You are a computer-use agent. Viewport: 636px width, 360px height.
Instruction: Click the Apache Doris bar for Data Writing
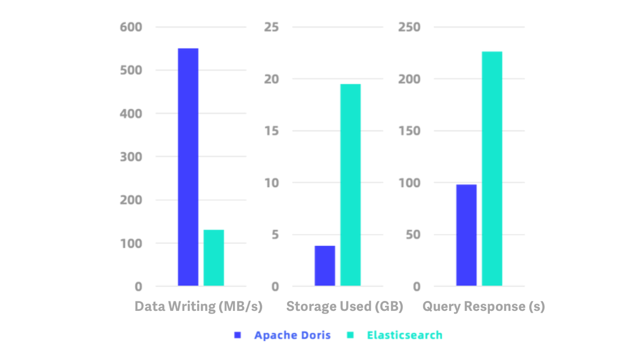pos(188,167)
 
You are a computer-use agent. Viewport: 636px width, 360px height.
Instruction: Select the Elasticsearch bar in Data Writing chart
pos(214,258)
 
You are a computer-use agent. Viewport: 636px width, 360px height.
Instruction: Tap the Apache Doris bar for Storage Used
pos(325,266)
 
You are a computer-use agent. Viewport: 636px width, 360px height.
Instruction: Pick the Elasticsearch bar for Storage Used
pos(350,185)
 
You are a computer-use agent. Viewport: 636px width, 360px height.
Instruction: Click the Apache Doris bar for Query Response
pos(466,235)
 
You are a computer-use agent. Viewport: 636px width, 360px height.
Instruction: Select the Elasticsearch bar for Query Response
pos(492,169)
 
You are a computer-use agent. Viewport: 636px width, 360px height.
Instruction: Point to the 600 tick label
pos(131,27)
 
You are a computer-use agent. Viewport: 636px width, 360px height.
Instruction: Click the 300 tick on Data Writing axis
pos(131,156)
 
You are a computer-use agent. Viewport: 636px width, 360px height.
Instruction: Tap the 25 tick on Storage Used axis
pos(271,27)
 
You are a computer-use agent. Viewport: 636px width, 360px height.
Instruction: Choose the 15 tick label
pos(271,131)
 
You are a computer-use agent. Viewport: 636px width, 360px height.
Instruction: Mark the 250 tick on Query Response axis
pos(409,27)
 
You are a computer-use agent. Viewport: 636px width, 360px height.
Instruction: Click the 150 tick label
pos(409,131)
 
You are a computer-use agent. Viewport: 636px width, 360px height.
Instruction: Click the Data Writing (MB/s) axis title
pos(198,306)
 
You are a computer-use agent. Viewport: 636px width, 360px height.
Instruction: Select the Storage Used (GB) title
pos(344,306)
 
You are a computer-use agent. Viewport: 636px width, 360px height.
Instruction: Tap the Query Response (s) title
pos(483,306)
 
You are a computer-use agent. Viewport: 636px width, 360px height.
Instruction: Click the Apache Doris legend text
pos(293,335)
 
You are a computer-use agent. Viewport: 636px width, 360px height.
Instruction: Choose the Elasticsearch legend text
pos(404,335)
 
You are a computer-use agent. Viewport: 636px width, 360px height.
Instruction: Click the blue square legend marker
pos(238,335)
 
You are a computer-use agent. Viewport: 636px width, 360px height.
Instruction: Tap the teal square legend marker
pos(350,335)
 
